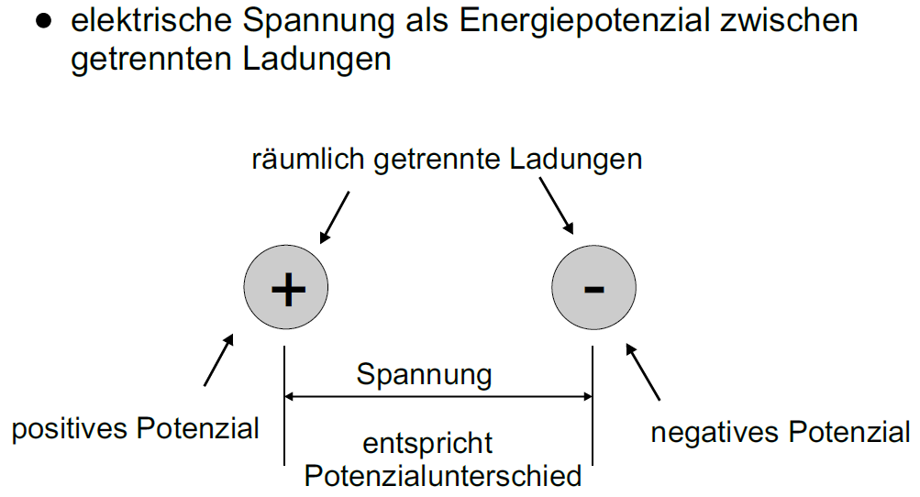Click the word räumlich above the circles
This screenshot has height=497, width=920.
pyautogui.click(x=307, y=159)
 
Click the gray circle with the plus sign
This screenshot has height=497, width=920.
pyautogui.click(x=286, y=289)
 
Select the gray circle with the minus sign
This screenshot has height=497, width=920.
pyautogui.click(x=594, y=289)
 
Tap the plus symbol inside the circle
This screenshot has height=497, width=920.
pyautogui.click(x=287, y=290)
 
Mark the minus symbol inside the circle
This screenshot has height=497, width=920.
pyautogui.click(x=594, y=290)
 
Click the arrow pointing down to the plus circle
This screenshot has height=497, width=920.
pyautogui.click(x=334, y=216)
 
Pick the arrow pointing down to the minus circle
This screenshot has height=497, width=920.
pyautogui.click(x=557, y=206)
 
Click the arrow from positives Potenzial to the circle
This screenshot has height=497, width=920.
pyautogui.click(x=218, y=359)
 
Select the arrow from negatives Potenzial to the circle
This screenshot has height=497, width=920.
pyautogui.click(x=643, y=372)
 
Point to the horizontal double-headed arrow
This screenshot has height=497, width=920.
pyautogui.click(x=439, y=397)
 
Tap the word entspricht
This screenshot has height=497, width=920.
pyautogui.click(x=427, y=444)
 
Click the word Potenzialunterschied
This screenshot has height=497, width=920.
pyautogui.click(x=443, y=476)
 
